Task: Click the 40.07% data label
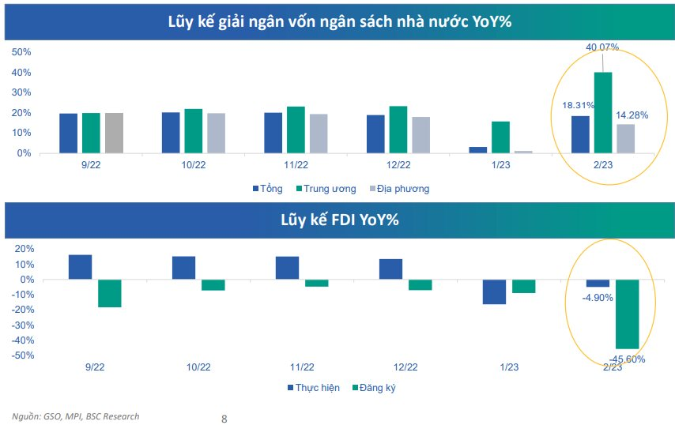pyautogui.click(x=602, y=47)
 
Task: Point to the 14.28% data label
pyautogui.click(x=632, y=115)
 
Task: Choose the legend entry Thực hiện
pyautogui.click(x=314, y=388)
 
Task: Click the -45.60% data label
pyautogui.click(x=627, y=359)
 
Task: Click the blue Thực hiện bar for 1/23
pyautogui.click(x=495, y=291)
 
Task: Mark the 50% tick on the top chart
pyautogui.click(x=21, y=52)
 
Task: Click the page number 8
pyautogui.click(x=224, y=419)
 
